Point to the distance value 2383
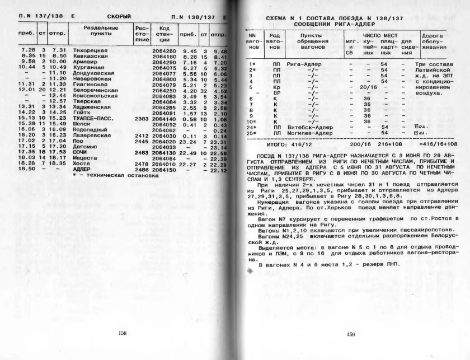[x=142, y=119]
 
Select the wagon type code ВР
[x=275, y=93]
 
